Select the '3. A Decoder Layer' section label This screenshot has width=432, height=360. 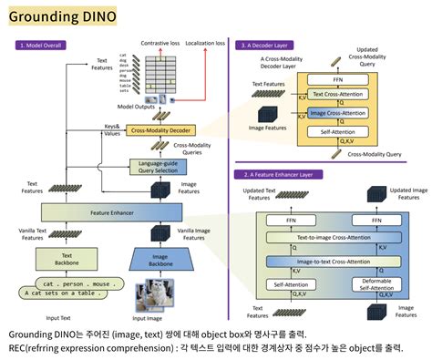click(x=269, y=44)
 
